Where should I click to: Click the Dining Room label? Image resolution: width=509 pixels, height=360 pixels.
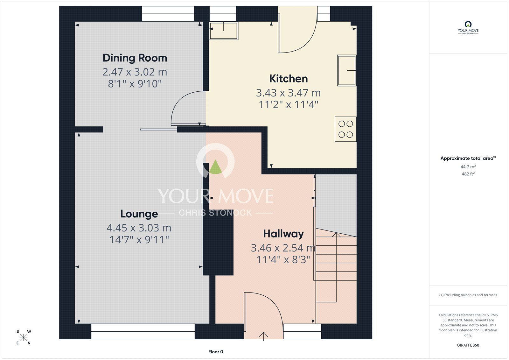point(135,58)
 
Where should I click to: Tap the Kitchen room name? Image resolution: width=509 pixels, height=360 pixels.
point(289,79)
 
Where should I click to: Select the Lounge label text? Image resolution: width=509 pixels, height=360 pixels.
point(139,214)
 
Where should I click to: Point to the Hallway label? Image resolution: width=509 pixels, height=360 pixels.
point(283,234)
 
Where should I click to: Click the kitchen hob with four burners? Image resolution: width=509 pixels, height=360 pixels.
point(345,129)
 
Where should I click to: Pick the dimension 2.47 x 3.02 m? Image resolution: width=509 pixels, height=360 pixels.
point(135,72)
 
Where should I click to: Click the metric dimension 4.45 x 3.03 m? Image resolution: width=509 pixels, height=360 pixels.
point(139,228)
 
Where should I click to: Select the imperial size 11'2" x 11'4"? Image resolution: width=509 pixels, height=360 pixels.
point(288,105)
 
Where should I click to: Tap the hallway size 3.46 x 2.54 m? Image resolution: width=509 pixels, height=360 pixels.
point(283,248)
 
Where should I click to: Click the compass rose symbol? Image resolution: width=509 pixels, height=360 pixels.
point(24,337)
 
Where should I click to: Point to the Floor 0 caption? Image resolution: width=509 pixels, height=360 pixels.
point(216,352)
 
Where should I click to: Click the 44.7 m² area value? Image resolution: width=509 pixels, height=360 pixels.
point(468,166)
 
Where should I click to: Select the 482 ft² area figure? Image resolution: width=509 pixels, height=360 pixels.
point(468,174)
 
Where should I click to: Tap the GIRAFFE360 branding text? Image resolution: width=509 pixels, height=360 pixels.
point(468,345)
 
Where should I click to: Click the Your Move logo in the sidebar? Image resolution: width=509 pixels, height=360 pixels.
point(468,28)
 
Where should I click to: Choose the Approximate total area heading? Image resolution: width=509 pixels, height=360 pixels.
point(468,158)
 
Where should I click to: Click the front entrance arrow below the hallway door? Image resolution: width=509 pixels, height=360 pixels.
point(264,336)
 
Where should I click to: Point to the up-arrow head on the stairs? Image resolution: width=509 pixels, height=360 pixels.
point(336,235)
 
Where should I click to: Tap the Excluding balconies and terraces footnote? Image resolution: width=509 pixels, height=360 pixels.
point(468,295)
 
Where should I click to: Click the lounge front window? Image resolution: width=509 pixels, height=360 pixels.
point(143,331)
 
